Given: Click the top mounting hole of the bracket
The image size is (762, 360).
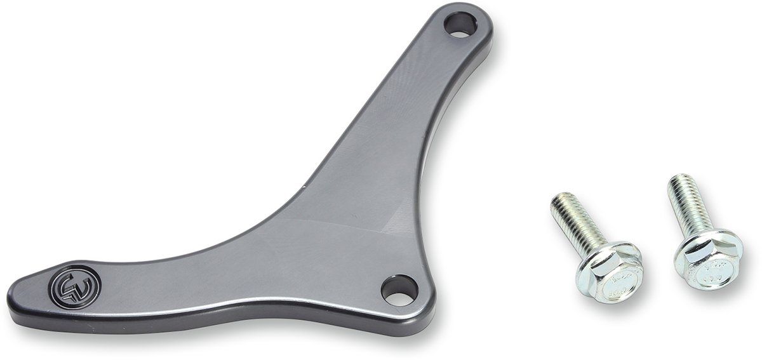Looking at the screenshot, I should tap(460, 25).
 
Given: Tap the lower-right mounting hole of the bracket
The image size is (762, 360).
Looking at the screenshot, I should tap(399, 290).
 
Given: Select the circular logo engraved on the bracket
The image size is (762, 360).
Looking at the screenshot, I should tap(75, 287).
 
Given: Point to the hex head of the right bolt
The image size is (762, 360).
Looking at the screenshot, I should tap(707, 257).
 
